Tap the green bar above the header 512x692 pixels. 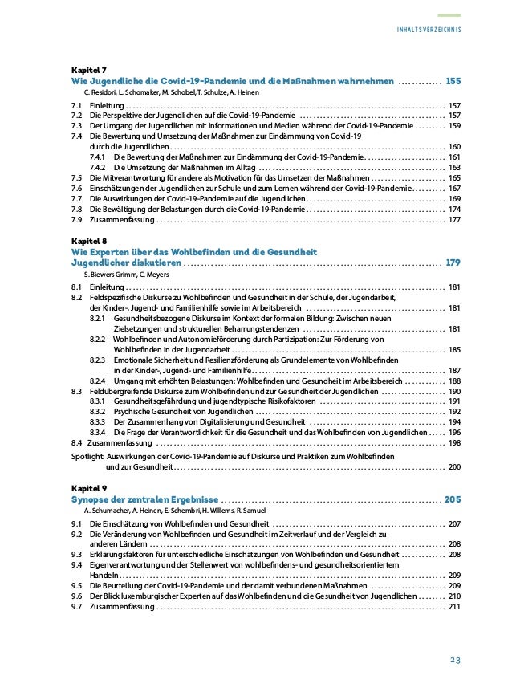449,15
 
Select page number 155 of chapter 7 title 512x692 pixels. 453,82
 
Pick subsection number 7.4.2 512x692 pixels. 100,167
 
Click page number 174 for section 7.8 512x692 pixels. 454,209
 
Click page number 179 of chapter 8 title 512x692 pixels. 453,263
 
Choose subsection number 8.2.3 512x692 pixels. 100,360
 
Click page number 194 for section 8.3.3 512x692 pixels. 454,421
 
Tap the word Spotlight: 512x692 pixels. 87,455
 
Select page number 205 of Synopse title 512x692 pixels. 453,499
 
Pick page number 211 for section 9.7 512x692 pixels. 454,607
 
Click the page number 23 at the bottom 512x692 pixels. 454,661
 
